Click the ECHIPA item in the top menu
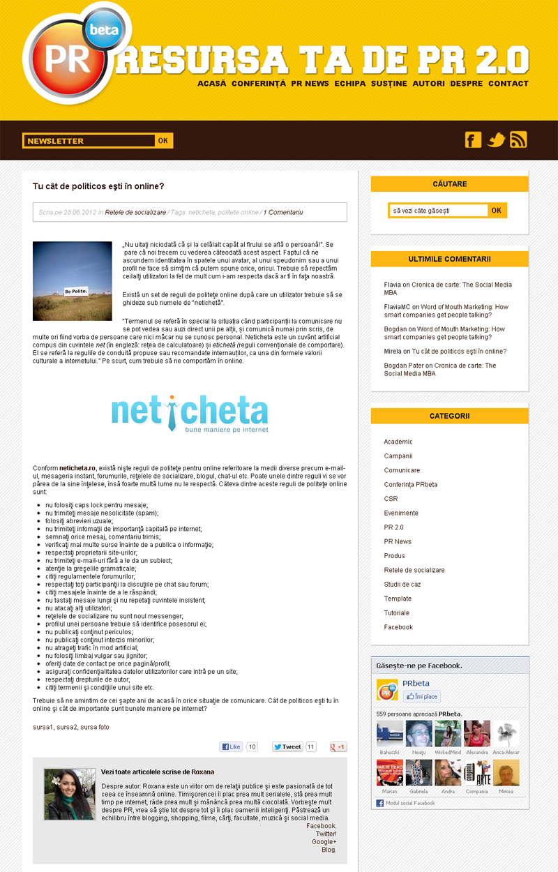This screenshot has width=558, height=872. point(349,84)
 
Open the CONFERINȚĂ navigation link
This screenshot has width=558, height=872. point(259,84)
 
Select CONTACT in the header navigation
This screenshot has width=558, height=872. point(508,84)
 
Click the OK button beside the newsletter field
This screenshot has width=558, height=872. point(163,141)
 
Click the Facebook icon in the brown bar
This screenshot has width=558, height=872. point(473,140)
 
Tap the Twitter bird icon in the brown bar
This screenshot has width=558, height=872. point(496,140)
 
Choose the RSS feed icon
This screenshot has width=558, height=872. point(518,140)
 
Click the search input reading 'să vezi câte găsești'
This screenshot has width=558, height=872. point(438,210)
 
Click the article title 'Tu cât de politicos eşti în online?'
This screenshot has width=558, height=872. point(98,186)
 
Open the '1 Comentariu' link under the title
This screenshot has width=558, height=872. point(282,212)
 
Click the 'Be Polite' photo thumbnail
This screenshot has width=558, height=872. point(73,281)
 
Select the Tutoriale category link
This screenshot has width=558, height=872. point(398,613)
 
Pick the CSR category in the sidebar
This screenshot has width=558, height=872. point(391,499)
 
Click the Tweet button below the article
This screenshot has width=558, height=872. point(287,746)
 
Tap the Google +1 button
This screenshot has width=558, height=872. point(338,746)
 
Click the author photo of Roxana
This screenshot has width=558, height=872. point(70,794)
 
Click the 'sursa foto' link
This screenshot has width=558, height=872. point(95,727)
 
